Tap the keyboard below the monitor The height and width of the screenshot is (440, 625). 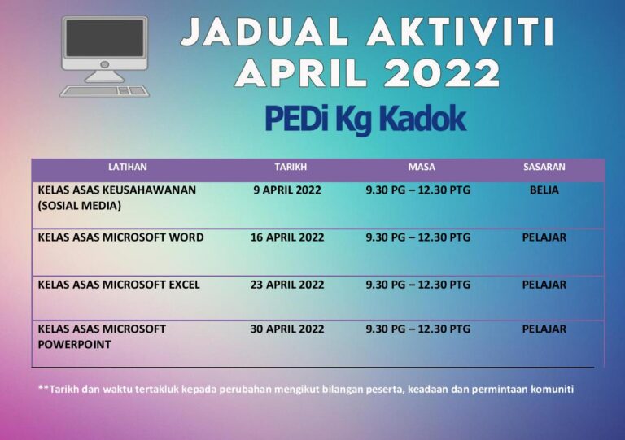point(104,91)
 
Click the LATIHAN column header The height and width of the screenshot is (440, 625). point(128,167)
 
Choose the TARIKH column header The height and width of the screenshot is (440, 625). point(291,167)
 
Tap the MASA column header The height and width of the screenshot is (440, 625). point(422,167)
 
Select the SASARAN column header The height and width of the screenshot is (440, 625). point(544,167)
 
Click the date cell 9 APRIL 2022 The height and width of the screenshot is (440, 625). point(287,190)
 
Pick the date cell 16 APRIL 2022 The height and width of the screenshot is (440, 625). point(287,237)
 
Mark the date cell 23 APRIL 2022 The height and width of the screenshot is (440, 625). point(287,285)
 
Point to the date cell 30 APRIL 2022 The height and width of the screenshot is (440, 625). point(287,329)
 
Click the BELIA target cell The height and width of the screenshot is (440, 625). point(544,190)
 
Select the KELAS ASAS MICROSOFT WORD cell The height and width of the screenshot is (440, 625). point(120,237)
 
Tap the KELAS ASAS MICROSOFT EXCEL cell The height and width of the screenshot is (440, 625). point(119,285)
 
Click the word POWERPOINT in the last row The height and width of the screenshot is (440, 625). point(74,344)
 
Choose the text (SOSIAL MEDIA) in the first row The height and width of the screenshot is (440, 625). point(79,206)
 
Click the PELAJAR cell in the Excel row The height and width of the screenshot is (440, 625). point(544,285)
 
